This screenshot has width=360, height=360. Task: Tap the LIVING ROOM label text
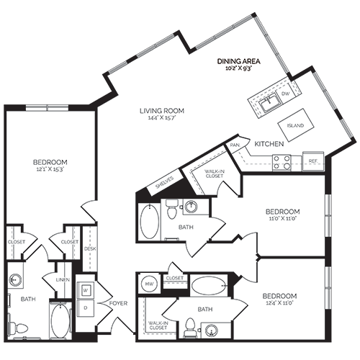(x=162, y=110)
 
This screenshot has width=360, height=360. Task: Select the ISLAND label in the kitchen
(x=294, y=125)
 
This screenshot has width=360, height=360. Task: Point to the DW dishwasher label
(x=286, y=94)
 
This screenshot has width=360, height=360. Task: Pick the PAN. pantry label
(x=235, y=145)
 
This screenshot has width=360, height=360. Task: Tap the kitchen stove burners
(x=281, y=163)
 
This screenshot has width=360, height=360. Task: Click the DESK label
(x=90, y=248)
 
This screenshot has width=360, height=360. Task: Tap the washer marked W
(x=84, y=290)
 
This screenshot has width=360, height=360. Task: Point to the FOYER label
(x=118, y=303)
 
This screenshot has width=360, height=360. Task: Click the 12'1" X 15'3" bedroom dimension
(x=50, y=170)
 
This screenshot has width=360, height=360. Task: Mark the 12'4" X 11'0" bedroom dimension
(x=279, y=305)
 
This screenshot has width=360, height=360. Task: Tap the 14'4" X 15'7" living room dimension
(x=162, y=118)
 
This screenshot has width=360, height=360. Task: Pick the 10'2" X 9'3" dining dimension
(x=238, y=70)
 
